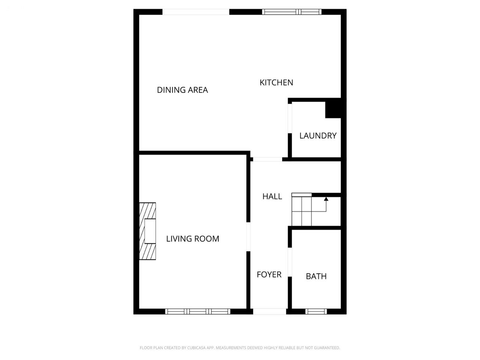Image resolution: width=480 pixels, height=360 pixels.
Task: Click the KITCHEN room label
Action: click(x=276, y=82)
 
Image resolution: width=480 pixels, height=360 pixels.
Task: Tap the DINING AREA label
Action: click(x=182, y=90)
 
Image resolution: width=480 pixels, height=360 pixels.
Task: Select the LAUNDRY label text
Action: click(x=318, y=136)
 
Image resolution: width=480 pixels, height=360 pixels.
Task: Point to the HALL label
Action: click(x=272, y=196)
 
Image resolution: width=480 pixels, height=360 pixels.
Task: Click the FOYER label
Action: click(x=269, y=274)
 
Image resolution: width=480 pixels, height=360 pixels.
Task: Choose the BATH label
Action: click(x=316, y=276)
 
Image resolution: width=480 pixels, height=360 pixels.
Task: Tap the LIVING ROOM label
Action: click(x=193, y=239)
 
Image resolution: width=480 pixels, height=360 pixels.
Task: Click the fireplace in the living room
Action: click(x=148, y=231)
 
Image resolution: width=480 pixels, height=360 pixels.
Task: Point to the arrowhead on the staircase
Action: click(x=326, y=199)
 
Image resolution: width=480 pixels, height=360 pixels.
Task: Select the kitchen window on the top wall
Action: click(x=292, y=12)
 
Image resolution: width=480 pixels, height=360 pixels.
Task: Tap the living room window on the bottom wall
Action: click(x=198, y=312)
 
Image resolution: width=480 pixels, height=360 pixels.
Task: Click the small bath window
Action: click(x=316, y=312)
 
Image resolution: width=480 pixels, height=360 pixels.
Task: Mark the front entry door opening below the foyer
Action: click(x=269, y=312)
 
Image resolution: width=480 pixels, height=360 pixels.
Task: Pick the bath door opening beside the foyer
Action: click(x=290, y=262)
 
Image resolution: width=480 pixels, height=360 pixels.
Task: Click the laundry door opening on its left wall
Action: click(x=290, y=118)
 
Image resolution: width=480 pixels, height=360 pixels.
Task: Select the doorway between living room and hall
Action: click(x=248, y=237)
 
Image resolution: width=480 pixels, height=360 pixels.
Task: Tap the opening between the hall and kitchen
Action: click(x=267, y=159)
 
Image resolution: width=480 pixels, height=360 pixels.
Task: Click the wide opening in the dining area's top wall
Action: click(x=196, y=12)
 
